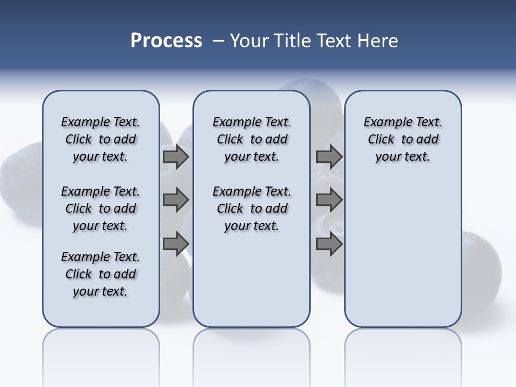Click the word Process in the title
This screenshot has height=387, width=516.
pos(166,41)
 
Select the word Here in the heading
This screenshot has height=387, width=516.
pos(376,41)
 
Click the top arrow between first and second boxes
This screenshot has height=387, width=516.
pos(176,156)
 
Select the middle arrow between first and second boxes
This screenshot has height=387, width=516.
pos(176,200)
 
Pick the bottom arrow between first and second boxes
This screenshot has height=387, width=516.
pos(176,243)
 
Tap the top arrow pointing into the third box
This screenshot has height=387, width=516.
pos(329,156)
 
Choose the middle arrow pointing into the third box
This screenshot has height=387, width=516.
pos(329,200)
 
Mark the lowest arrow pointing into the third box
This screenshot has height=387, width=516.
pos(329,243)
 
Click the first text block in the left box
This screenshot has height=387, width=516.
pos(101,139)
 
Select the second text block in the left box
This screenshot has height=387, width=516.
pos(101,209)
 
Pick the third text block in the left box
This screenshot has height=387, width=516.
pos(101,274)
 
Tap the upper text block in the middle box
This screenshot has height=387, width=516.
pos(252,139)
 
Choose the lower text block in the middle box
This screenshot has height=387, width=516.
pos(252,209)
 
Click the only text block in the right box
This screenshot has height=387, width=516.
pos(403,139)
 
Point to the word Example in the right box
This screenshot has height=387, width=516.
pos(386,123)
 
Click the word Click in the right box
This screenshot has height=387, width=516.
pos(381,140)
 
